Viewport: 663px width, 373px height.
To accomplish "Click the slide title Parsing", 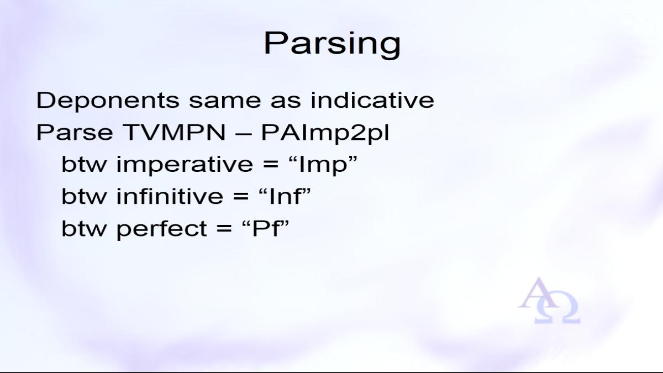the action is (332, 44).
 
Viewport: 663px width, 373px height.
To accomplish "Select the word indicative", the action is (372, 100).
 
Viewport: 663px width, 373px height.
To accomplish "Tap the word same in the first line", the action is (225, 103).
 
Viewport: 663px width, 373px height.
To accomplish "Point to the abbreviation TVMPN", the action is (175, 132).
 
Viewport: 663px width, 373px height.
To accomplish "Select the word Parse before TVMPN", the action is (75, 132).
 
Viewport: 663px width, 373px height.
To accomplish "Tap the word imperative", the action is (185, 165).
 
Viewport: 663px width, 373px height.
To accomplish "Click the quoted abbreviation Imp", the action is (323, 165).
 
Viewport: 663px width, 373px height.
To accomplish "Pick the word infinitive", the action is (170, 196).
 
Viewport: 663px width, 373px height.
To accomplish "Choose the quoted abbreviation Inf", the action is (285, 196).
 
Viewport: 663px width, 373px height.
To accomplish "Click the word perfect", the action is (162, 229).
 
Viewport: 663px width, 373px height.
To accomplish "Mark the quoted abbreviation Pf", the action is (265, 228).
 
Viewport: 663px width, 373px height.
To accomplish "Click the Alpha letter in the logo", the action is (538, 293).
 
